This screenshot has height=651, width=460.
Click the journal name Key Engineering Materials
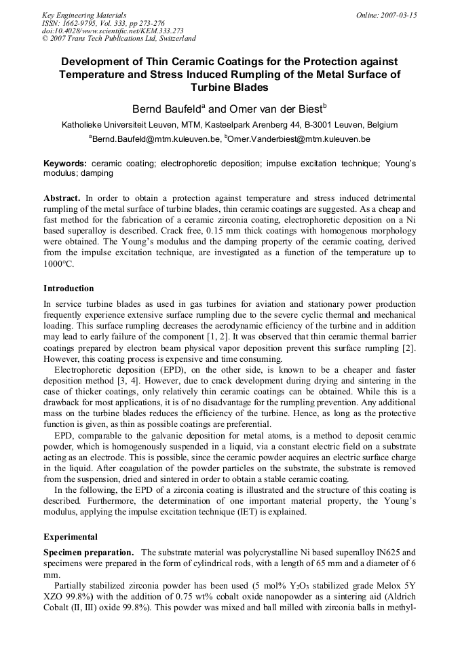click(x=84, y=15)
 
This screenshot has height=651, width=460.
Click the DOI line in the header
click(x=103, y=31)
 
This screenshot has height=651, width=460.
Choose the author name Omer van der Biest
click(x=271, y=109)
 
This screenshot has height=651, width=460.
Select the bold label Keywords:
click(x=65, y=164)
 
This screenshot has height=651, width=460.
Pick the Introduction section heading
click(x=69, y=289)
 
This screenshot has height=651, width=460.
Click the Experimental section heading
click(x=71, y=537)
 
